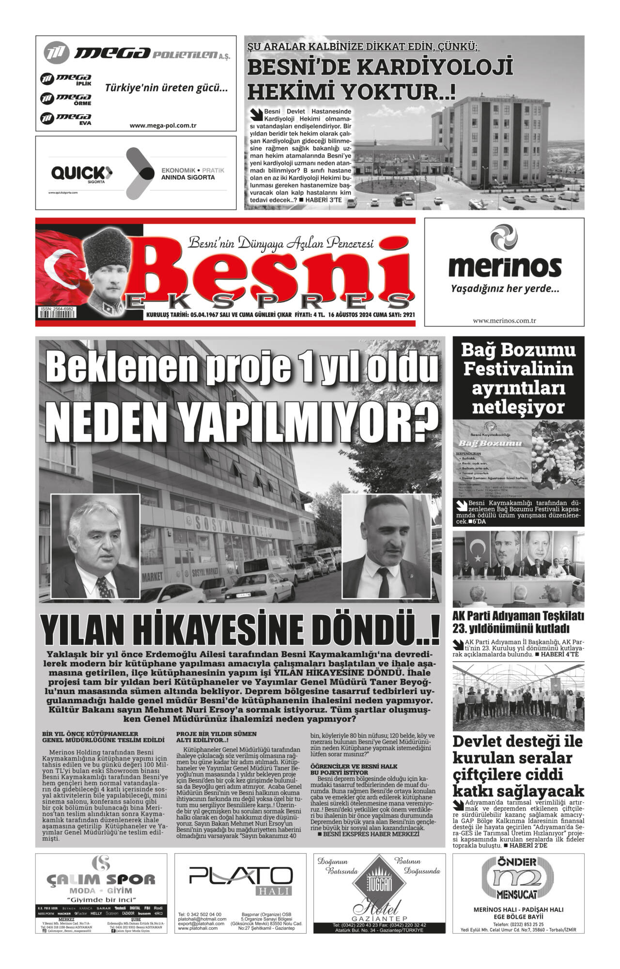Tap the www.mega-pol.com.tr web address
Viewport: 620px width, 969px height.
point(163,125)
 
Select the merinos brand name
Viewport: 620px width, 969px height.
point(504,266)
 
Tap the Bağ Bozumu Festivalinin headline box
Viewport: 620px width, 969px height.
point(518,378)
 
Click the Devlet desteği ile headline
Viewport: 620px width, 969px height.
point(517,741)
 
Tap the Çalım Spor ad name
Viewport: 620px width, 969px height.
point(101,879)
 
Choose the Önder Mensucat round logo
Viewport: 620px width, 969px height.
point(517,877)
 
